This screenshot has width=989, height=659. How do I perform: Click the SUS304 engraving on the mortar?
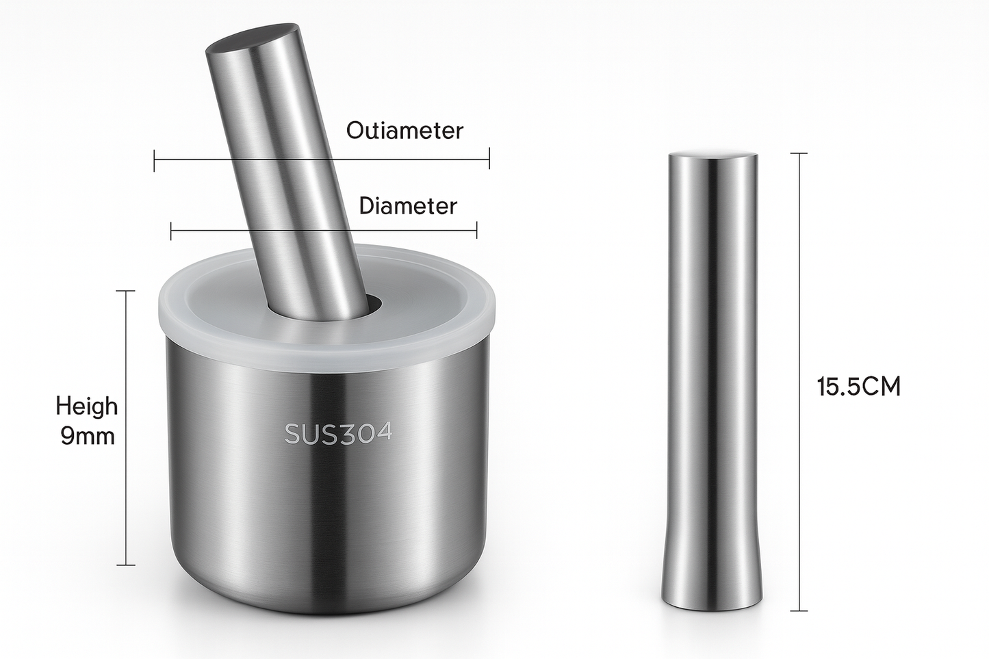[338, 433]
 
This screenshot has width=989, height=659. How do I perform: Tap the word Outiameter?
[404, 130]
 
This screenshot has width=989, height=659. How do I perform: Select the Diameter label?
[407, 205]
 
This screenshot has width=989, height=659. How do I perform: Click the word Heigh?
[86, 406]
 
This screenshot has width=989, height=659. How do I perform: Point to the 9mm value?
[88, 437]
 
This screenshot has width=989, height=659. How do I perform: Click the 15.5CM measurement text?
[858, 387]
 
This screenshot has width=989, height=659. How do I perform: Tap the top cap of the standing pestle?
[712, 155]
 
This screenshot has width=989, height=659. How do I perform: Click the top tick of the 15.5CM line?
[799, 153]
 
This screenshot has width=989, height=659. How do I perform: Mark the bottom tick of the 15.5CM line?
[799, 610]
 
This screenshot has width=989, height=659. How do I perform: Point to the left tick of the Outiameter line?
[155, 161]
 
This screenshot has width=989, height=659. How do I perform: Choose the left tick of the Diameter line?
[171, 231]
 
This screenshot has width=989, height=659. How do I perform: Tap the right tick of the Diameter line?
[476, 231]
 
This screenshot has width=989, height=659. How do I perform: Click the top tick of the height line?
[126, 291]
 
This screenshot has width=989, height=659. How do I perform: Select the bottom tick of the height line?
[126, 565]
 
